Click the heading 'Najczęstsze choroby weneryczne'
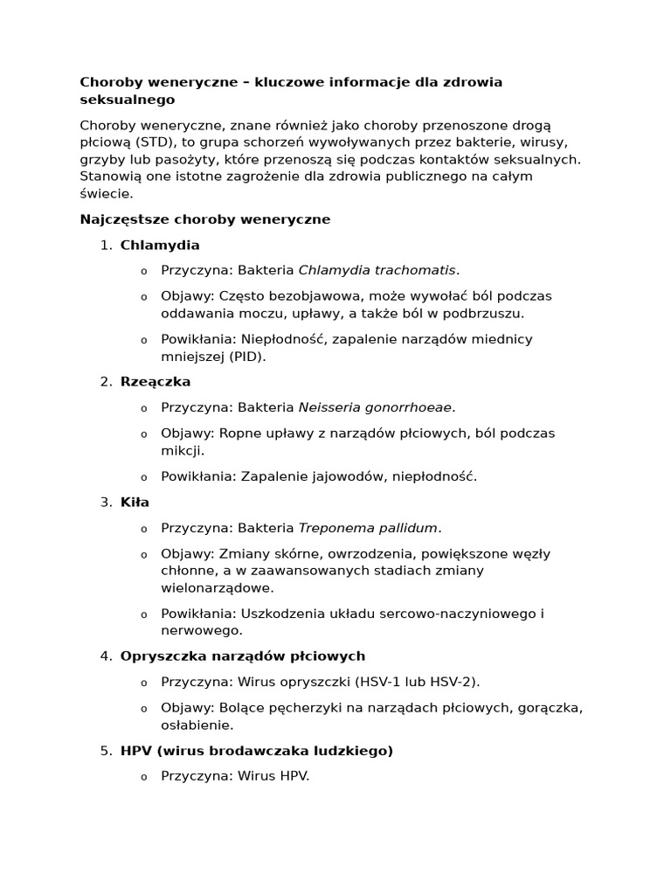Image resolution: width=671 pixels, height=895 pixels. tap(205, 219)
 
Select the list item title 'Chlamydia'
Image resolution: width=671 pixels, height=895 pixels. tap(160, 245)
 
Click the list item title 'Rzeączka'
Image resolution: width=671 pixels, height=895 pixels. tap(156, 382)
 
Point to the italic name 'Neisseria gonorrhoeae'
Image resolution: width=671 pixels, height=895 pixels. tap(376, 407)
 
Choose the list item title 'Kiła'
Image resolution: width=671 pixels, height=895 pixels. tap(135, 502)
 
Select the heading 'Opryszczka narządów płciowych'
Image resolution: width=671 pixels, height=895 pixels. tap(243, 656)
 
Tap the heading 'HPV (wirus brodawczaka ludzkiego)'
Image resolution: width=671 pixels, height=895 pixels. tap(257, 750)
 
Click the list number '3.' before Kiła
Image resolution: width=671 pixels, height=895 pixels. tap(106, 502)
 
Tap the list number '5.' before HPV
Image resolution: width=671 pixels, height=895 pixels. tap(106, 750)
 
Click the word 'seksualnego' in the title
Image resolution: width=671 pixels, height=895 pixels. tap(127, 100)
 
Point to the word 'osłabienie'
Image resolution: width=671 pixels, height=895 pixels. tap(196, 725)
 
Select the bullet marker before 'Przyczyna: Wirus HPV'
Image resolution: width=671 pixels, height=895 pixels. tap(144, 777)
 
